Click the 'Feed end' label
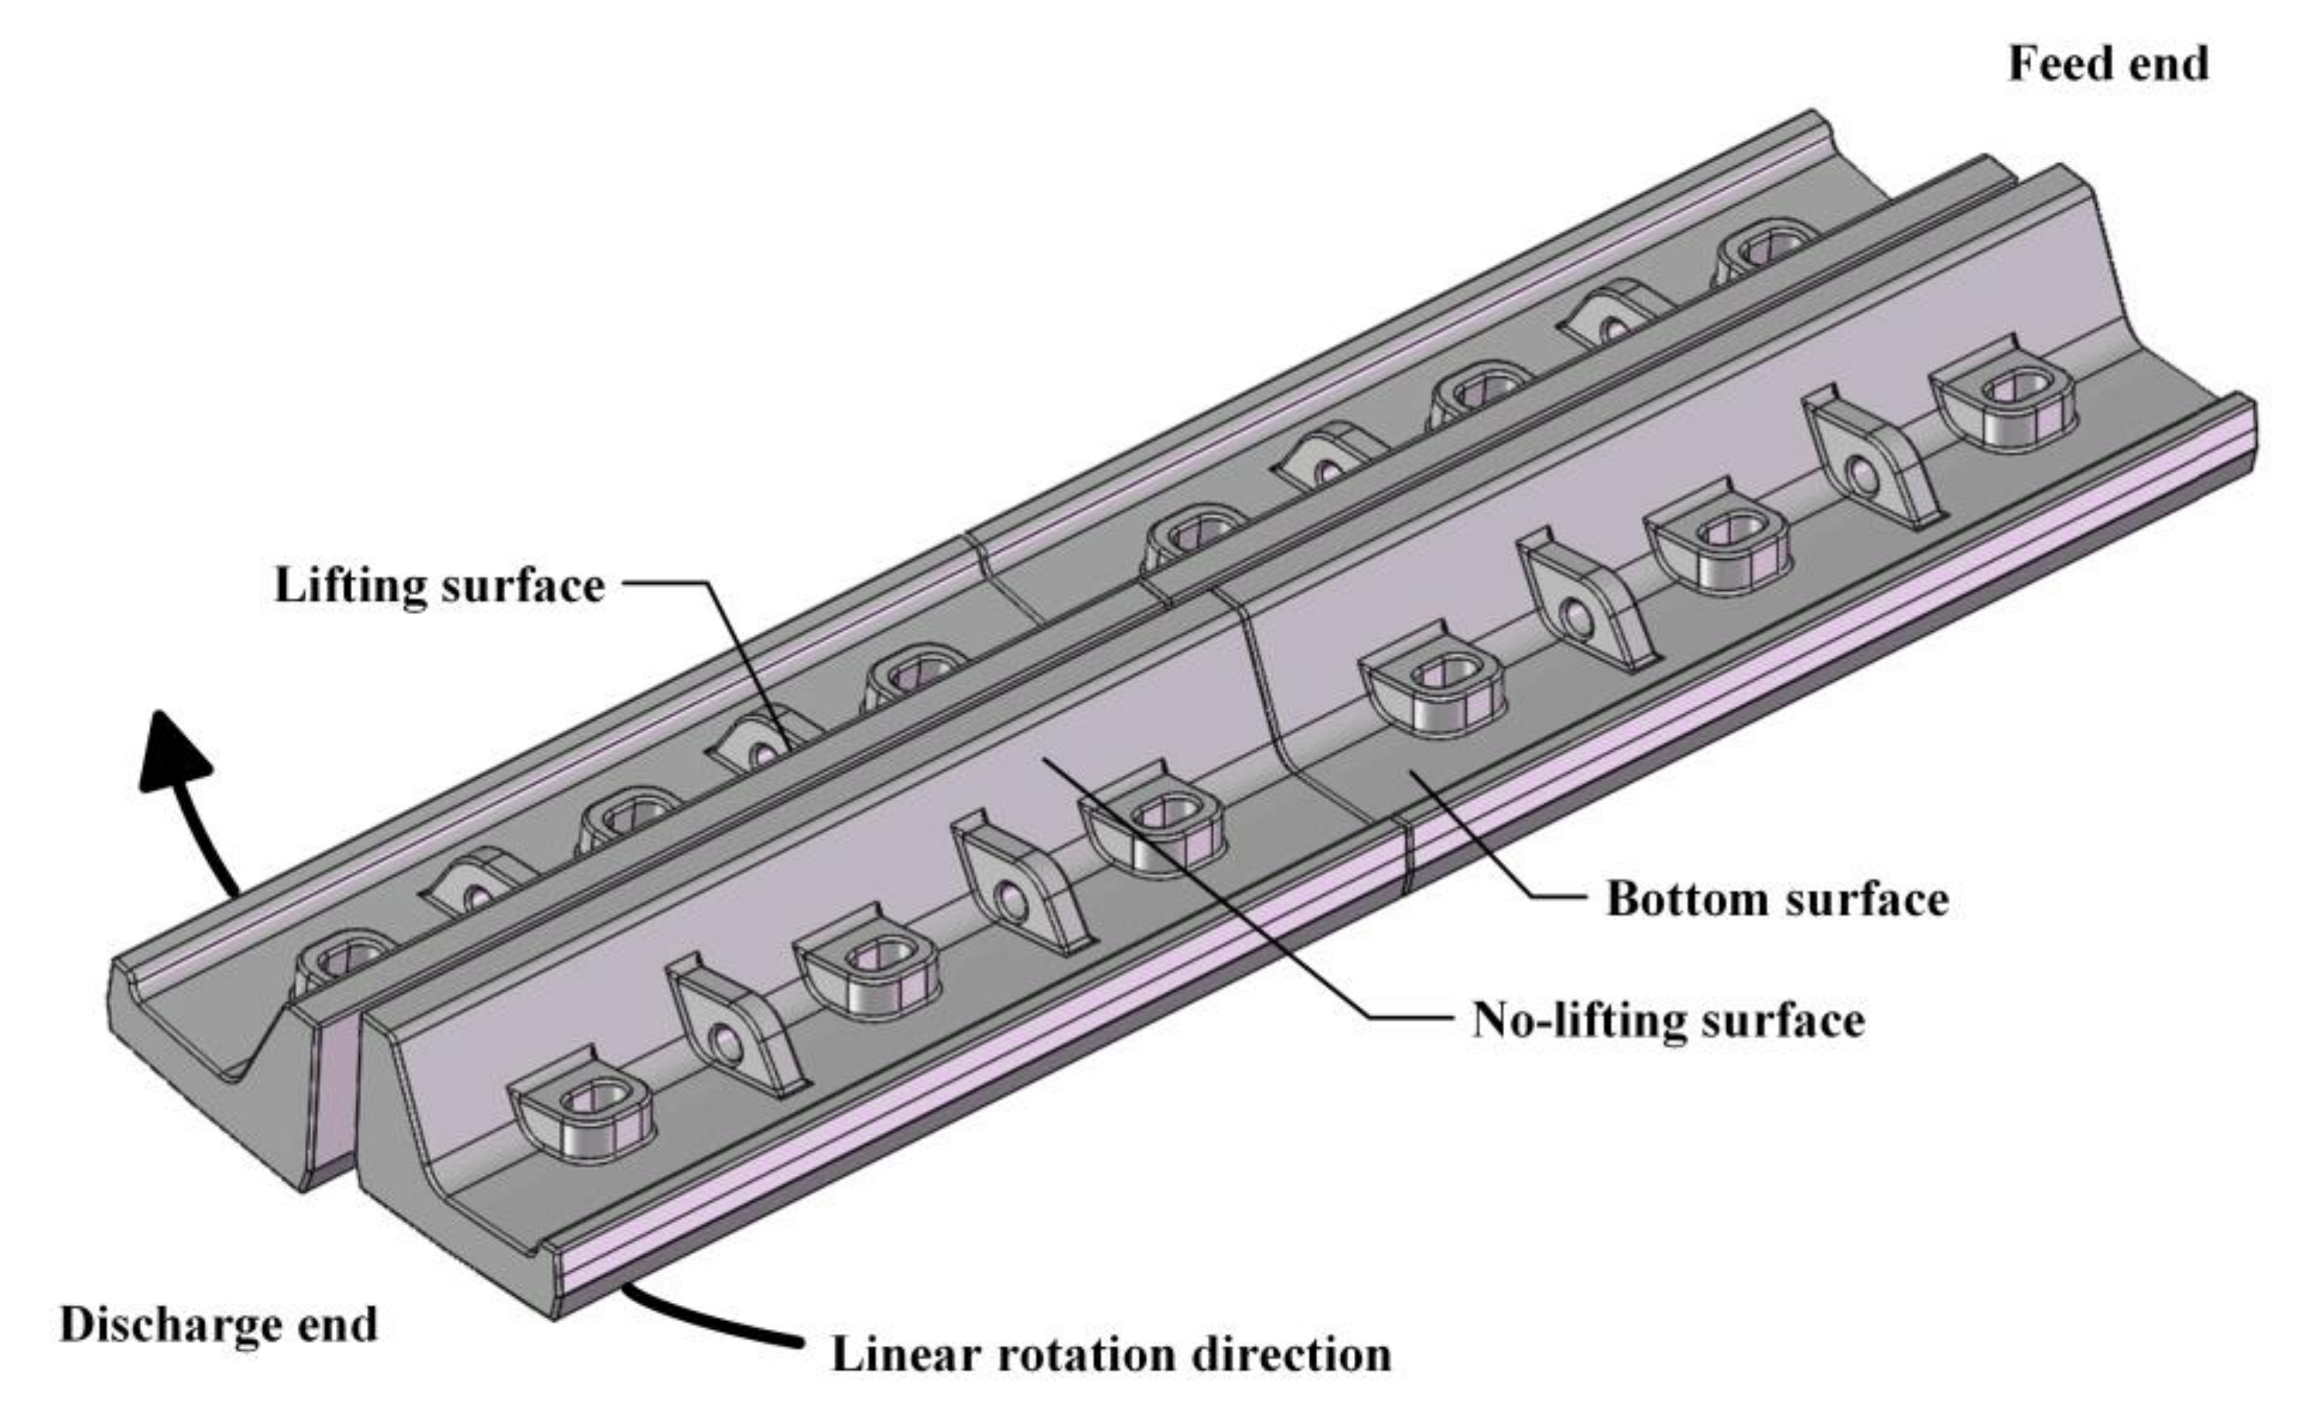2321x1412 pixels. click(x=2107, y=64)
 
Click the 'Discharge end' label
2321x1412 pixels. click(x=219, y=1325)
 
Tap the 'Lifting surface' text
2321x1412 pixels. click(x=439, y=585)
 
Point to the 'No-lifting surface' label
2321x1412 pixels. click(x=1668, y=1020)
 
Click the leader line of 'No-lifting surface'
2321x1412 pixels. click(x=1225, y=905)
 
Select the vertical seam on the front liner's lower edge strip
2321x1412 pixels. click(x=1407, y=858)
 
